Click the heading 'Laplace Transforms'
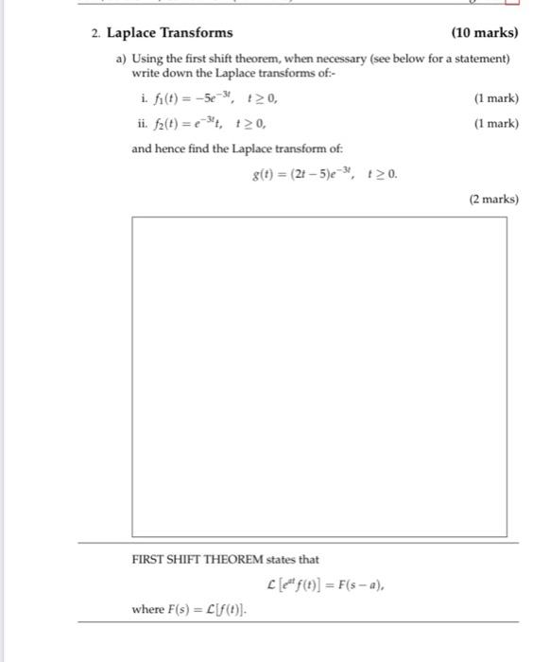(169, 33)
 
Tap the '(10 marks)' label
(484, 33)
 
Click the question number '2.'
(96, 33)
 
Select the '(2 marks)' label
(493, 200)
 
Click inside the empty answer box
(318, 376)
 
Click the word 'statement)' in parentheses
(483, 59)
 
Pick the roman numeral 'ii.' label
(140, 123)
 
